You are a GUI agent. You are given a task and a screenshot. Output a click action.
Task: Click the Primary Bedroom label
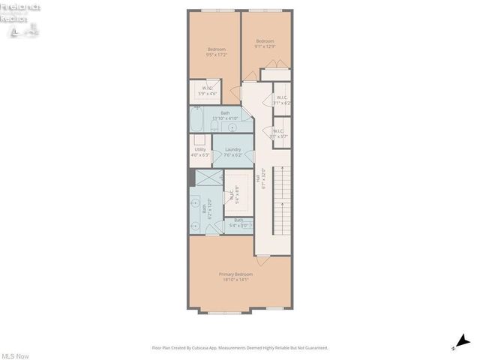(235, 274)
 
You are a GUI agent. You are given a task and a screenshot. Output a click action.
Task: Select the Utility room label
(200, 149)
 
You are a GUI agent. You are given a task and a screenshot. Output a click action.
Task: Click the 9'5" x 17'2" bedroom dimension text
(216, 55)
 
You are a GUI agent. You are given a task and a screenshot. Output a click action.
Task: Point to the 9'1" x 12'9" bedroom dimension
(264, 46)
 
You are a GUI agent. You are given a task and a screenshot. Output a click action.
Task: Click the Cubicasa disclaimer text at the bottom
(240, 347)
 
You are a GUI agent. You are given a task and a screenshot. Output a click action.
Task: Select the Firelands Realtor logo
(21, 16)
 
